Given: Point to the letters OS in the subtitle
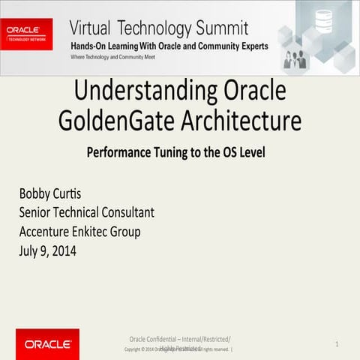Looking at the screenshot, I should (228, 151).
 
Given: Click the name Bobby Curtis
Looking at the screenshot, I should (51, 194).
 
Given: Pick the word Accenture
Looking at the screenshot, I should (49, 231).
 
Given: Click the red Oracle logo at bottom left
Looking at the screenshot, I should (47, 344).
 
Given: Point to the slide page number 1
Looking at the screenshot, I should (337, 343).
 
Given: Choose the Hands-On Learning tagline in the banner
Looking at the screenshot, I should (169, 46).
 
